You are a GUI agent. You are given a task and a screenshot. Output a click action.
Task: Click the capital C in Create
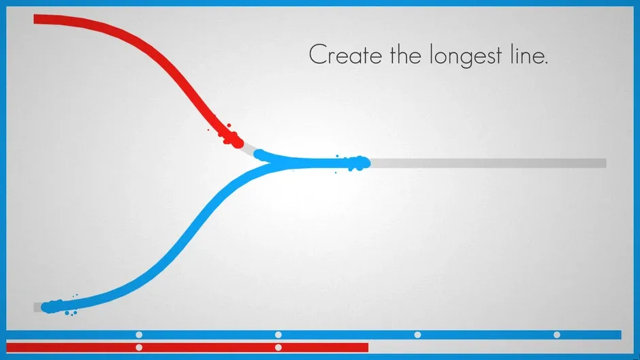click(x=317, y=55)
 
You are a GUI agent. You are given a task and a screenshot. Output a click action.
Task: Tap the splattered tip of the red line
click(x=234, y=141)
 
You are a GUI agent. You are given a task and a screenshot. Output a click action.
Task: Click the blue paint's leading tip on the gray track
click(x=363, y=163)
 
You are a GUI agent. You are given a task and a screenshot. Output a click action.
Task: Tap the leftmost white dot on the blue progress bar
click(x=139, y=335)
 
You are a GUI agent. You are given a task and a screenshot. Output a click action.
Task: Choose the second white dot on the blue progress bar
click(x=278, y=335)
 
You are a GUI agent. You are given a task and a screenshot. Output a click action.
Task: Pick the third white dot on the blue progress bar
click(x=417, y=335)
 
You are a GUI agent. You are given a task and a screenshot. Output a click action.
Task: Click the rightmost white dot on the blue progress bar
click(x=557, y=335)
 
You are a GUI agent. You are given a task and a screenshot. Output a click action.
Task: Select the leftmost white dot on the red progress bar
click(x=139, y=348)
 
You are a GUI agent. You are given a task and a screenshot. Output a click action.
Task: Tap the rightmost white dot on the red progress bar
click(x=278, y=348)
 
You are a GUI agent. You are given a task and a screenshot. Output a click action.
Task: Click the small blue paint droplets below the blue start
click(x=70, y=314)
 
